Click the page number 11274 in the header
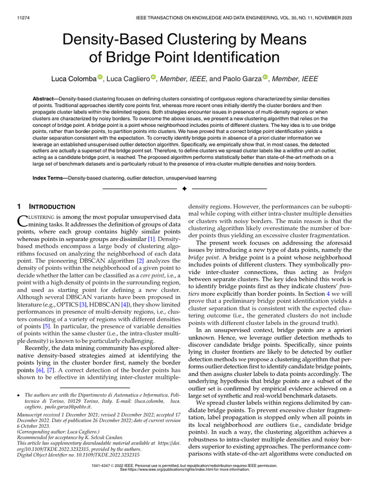pos(22,18)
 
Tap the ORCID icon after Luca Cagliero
pos(154,77)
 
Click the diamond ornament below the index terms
pos(184,189)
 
